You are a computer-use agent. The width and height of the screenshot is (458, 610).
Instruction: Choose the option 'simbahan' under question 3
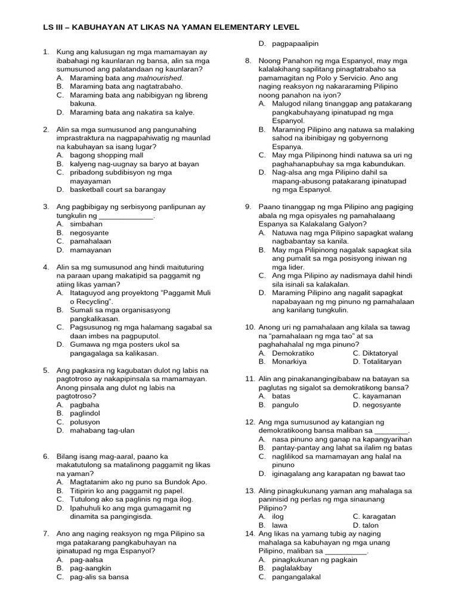click(x=86, y=224)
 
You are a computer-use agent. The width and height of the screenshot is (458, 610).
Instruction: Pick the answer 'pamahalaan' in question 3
click(x=90, y=241)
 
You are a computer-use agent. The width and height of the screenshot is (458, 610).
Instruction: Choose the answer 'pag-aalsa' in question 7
click(x=86, y=560)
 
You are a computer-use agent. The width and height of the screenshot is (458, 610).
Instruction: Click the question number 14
click(x=250, y=534)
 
